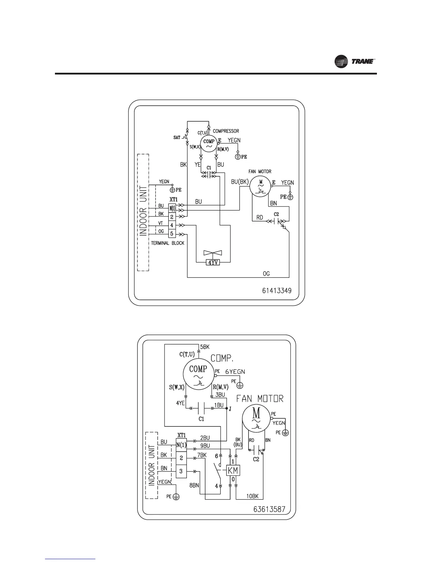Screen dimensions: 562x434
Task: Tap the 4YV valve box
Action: (213, 263)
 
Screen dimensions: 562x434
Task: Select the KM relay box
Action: (233, 470)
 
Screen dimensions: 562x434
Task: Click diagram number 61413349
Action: (277, 291)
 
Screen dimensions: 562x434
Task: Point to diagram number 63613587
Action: (269, 509)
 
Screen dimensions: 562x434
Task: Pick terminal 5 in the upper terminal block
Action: (172, 233)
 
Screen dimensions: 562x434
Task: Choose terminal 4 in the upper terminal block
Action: (172, 225)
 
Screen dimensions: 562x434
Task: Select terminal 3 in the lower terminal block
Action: (181, 471)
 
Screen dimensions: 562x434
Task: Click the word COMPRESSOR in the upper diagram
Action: (226, 131)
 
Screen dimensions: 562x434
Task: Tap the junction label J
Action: (230, 409)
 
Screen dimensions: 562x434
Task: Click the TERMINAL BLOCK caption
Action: (168, 243)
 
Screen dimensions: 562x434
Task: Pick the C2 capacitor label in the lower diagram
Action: (256, 459)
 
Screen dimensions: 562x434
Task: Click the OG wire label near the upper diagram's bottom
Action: (266, 274)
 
